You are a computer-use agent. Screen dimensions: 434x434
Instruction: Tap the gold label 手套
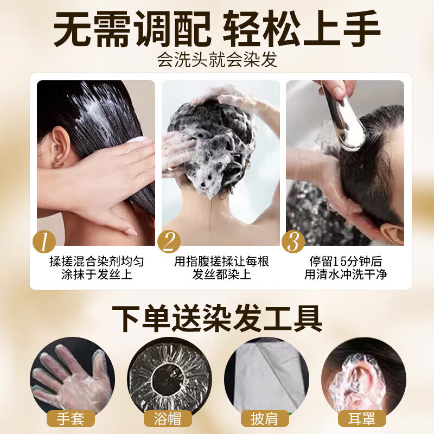71,419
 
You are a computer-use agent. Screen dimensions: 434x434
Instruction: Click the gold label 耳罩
362,419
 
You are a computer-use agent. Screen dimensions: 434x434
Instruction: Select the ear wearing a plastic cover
358,377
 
